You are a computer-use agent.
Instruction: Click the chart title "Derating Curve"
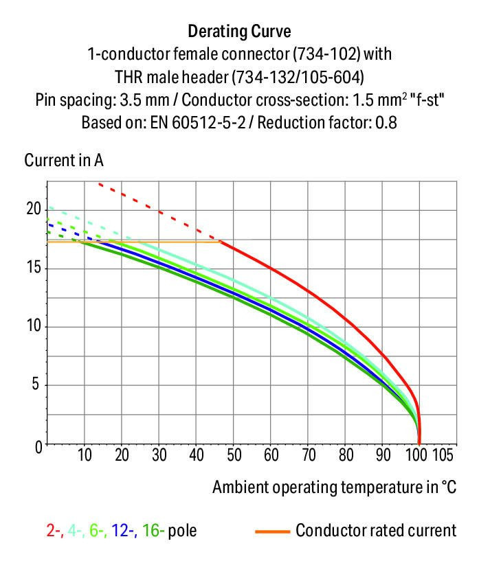pos(239,32)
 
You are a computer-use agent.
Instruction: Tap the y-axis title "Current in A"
pos(64,161)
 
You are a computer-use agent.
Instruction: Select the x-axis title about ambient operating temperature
pos(334,488)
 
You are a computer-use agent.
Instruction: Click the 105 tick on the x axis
pos(441,455)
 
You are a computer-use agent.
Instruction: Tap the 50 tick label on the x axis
pos(234,455)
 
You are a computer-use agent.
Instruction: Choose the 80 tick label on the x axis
pos(346,455)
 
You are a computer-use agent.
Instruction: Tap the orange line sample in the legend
pos(271,531)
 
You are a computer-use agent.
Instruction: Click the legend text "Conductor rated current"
pos(376,531)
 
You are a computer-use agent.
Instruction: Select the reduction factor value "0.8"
pos(387,124)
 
